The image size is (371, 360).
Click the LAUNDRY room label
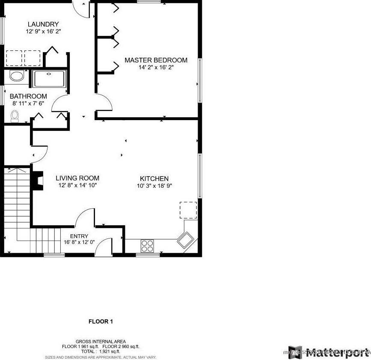tap(43, 24)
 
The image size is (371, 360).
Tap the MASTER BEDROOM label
tap(156, 60)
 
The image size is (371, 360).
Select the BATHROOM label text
tap(28, 97)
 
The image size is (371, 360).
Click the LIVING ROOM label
tap(77, 178)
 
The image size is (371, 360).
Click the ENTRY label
tap(79, 236)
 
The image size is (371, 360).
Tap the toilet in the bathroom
tap(15, 115)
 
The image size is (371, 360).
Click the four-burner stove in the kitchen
tap(148, 245)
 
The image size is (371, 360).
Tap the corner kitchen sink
tap(186, 240)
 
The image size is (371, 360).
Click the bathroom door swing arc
tap(59, 104)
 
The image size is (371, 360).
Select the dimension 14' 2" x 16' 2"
tap(156, 67)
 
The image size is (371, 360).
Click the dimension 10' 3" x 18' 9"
tap(154, 186)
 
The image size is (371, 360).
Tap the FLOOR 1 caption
tap(101, 321)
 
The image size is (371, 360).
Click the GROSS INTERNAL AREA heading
tap(101, 341)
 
